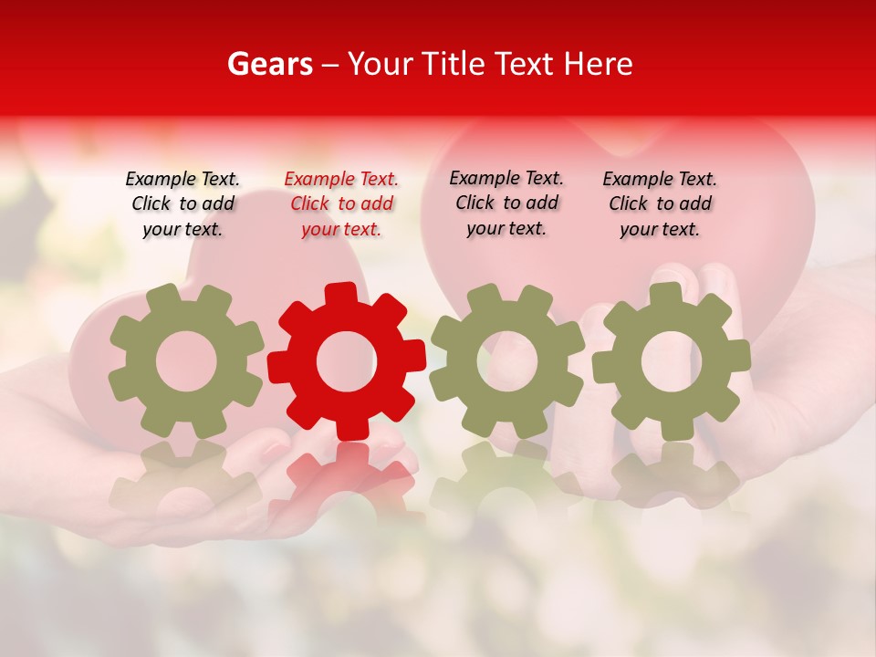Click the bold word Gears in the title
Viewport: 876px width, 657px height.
(269, 64)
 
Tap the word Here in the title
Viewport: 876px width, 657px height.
(598, 64)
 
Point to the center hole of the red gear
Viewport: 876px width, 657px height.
(347, 361)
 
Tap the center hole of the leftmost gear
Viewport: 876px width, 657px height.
(186, 361)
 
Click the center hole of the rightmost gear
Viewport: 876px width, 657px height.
(671, 361)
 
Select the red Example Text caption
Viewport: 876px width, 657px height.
(341, 204)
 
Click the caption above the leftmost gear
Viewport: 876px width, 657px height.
(182, 204)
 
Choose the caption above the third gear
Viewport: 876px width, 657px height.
(506, 203)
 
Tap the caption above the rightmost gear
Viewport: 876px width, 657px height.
(660, 204)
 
